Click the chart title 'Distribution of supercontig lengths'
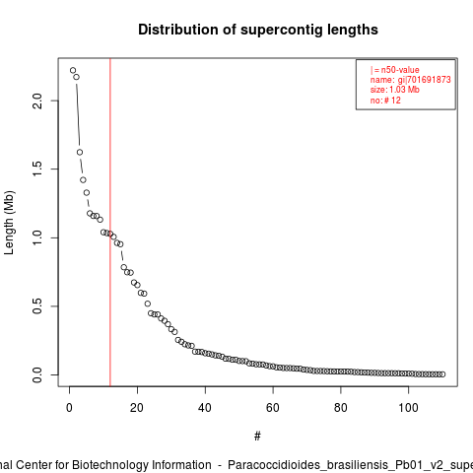pyautogui.click(x=258, y=30)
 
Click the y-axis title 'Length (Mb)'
pyautogui.click(x=9, y=223)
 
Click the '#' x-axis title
pyautogui.click(x=257, y=437)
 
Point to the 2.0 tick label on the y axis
pyautogui.click(x=37, y=101)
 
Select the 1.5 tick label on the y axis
pyautogui.click(x=37, y=169)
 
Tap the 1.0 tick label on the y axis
pyautogui.click(x=37, y=237)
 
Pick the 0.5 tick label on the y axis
pyautogui.click(x=37, y=305)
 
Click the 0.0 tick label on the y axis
pyautogui.click(x=37, y=374)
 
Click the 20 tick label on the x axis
pyautogui.click(x=137, y=408)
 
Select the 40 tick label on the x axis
pyautogui.click(x=205, y=408)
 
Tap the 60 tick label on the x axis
pyautogui.click(x=273, y=408)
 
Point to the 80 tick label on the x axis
pyautogui.click(x=341, y=408)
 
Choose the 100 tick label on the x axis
pyautogui.click(x=408, y=408)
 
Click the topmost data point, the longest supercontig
pyautogui.click(x=73, y=70)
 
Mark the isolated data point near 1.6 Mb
pyautogui.click(x=80, y=152)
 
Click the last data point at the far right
pyautogui.click(x=442, y=374)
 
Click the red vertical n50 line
pyautogui.click(x=110, y=222)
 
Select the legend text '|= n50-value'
pyautogui.click(x=395, y=70)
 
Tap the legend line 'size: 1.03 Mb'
pyautogui.click(x=395, y=90)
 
